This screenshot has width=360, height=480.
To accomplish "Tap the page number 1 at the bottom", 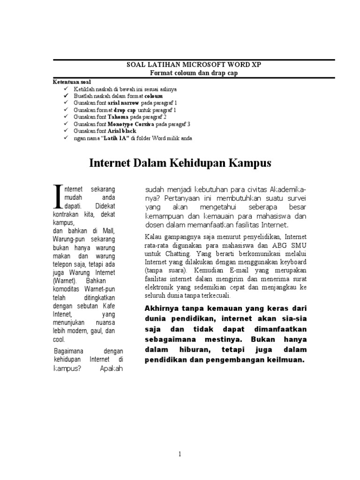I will click(180, 454).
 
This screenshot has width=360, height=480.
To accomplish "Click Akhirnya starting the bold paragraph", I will click(159, 308).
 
